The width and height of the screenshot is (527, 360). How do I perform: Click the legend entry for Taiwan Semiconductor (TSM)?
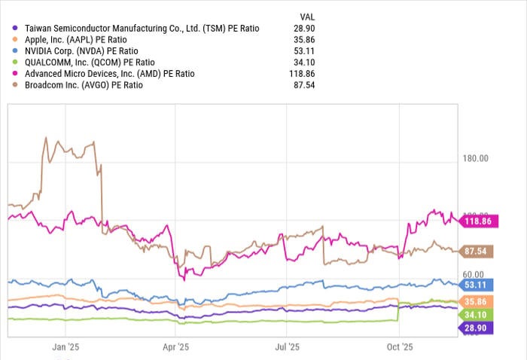142,28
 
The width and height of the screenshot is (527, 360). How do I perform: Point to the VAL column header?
308,16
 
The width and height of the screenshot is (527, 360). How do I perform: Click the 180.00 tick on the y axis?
474,159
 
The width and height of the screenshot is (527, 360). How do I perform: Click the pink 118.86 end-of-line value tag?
476,222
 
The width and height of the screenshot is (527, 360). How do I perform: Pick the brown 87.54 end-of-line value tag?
476,251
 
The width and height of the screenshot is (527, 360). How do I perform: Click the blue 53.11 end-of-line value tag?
476,285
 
